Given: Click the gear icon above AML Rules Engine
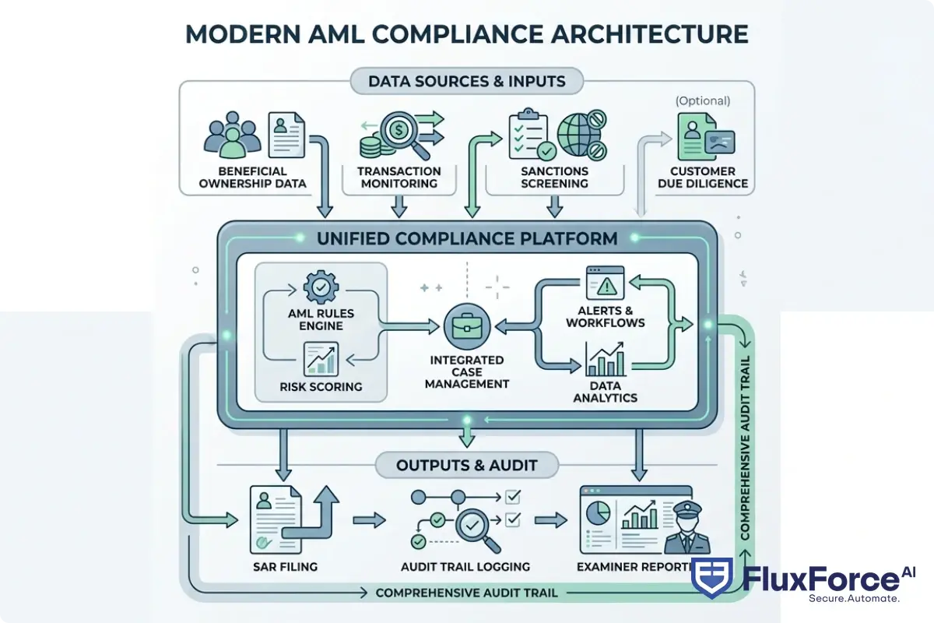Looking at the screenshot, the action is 319,287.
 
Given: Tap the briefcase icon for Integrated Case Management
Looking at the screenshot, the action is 465,326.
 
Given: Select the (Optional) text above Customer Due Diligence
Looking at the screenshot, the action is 703,100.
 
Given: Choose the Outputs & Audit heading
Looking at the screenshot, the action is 467,466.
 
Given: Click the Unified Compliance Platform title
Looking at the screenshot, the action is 467,238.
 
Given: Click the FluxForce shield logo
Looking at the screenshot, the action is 712,580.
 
